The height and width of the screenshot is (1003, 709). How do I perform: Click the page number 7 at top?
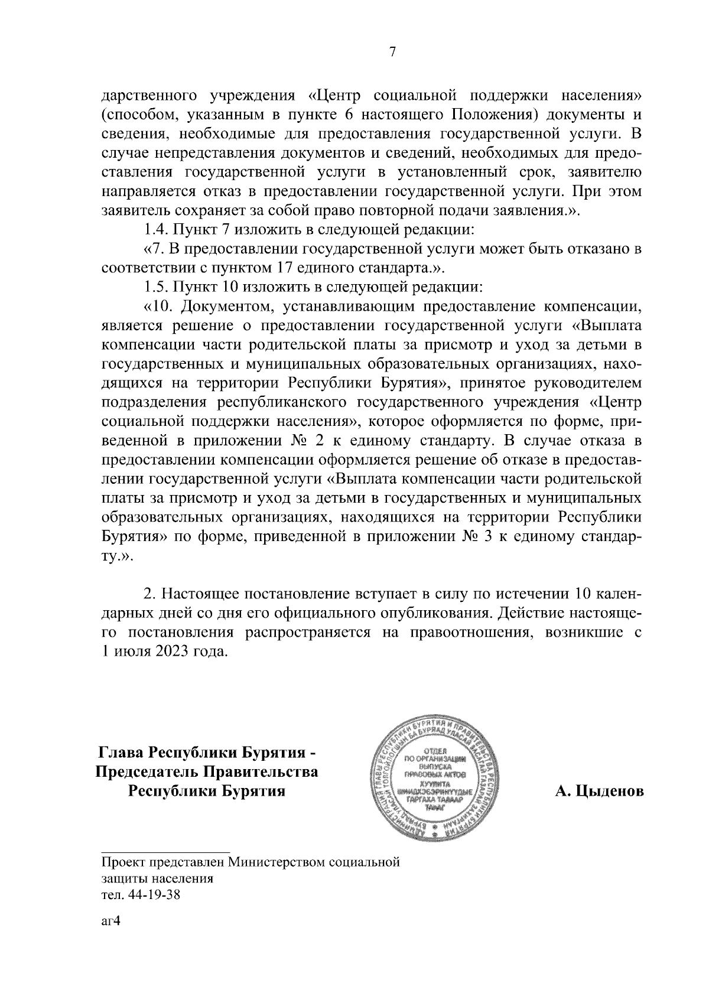[x=392, y=53]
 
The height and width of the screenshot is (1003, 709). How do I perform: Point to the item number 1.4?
[x=157, y=230]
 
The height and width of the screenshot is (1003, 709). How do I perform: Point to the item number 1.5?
[x=157, y=288]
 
